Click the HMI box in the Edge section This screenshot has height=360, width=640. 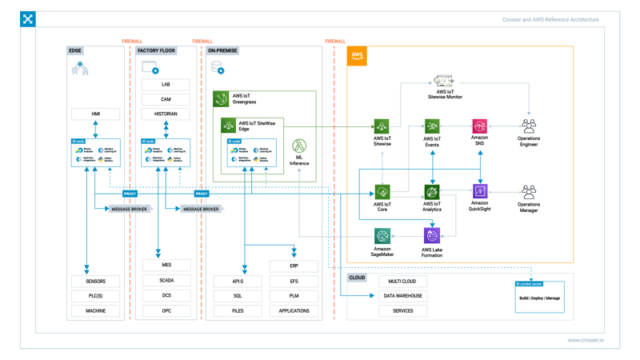point(95,114)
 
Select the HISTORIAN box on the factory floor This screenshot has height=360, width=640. point(166,114)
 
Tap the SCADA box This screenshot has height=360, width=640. point(166,281)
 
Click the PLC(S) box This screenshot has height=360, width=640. point(95,296)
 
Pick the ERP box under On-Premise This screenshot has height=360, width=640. point(294,266)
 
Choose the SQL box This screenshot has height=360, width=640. point(238,296)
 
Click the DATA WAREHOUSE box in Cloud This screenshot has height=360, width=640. point(403,296)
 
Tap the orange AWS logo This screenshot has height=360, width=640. point(357,56)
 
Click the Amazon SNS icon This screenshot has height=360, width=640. point(479,126)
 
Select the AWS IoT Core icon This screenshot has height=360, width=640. point(382,192)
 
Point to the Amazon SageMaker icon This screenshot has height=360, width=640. point(382,236)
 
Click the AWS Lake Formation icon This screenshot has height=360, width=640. point(432,236)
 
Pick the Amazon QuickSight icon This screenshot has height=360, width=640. point(480,191)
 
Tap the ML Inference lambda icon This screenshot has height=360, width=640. point(298,146)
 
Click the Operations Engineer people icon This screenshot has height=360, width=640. point(529,126)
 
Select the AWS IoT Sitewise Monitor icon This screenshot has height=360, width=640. point(444,82)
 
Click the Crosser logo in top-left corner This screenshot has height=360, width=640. point(28,18)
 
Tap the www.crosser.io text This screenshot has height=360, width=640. point(586,340)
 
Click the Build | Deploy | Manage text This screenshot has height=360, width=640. point(539,298)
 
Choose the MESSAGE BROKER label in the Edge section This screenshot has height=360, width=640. point(129,209)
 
